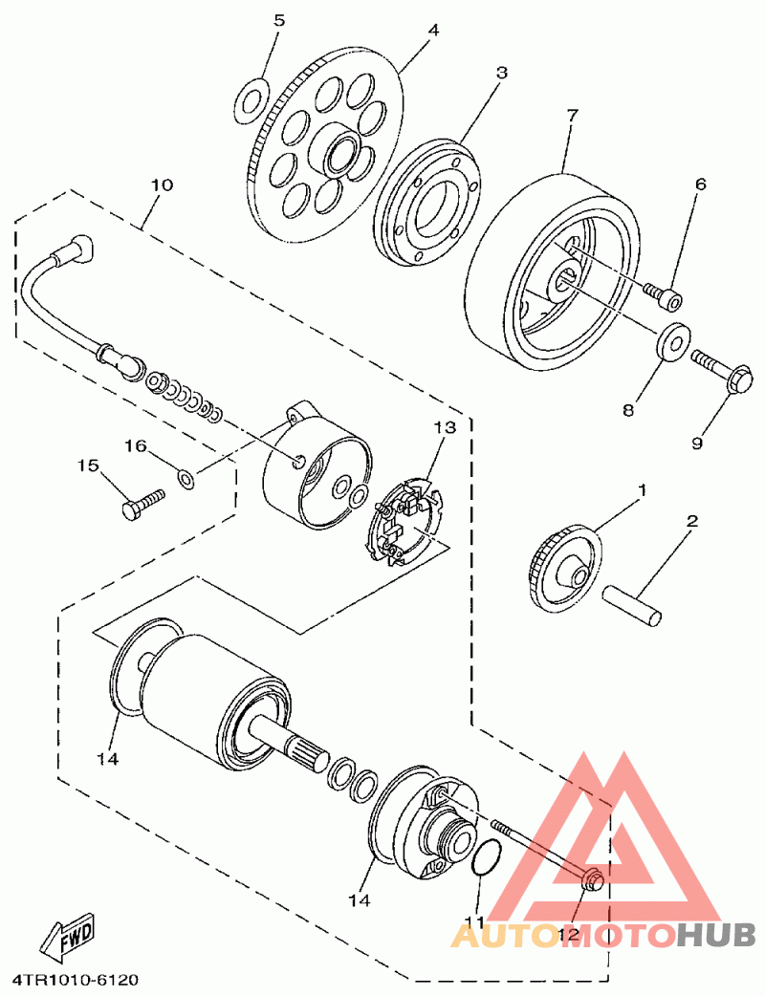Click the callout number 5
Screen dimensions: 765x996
pyautogui.click(x=279, y=20)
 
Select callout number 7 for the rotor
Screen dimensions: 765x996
pyautogui.click(x=572, y=116)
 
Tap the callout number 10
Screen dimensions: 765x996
pyautogui.click(x=162, y=185)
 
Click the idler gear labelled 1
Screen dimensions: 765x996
pyautogui.click(x=565, y=569)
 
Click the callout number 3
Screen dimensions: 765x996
pyautogui.click(x=502, y=73)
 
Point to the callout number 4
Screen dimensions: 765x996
pyautogui.click(x=433, y=30)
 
